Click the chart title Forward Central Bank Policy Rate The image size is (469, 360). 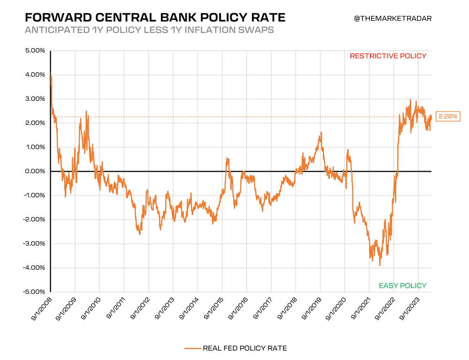tap(155, 18)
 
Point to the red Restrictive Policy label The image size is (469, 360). tap(388, 56)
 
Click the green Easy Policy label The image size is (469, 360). tap(402, 285)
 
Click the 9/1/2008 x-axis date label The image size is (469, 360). tap(39, 310)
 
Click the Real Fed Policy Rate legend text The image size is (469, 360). tap(244, 348)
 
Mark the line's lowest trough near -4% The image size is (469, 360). tap(380, 266)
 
